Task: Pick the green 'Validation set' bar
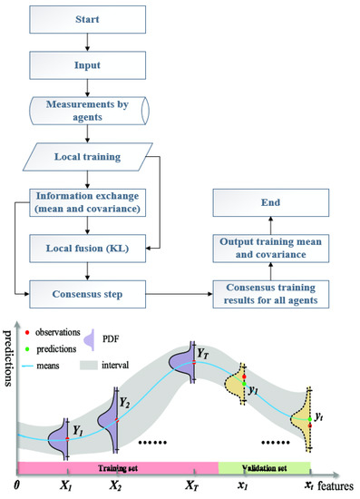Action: (264, 467)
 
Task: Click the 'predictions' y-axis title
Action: (9, 382)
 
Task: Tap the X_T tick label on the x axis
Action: (191, 487)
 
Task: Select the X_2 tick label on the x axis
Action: (116, 487)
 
